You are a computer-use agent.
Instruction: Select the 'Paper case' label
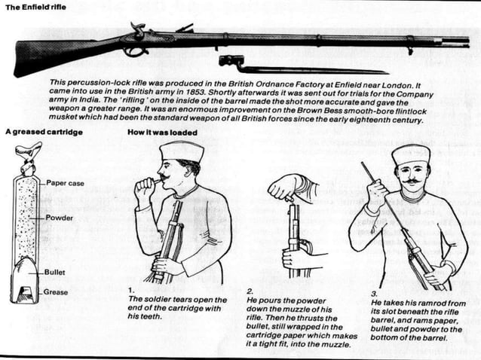pos(66,182)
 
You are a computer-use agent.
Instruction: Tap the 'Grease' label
pos(57,291)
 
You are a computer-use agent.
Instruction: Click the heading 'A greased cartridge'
pos(44,132)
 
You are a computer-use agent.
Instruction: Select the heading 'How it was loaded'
pos(162,132)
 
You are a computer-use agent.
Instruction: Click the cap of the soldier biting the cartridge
pos(182,151)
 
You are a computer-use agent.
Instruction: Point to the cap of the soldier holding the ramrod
pos(411,154)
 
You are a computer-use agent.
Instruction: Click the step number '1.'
pos(132,289)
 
